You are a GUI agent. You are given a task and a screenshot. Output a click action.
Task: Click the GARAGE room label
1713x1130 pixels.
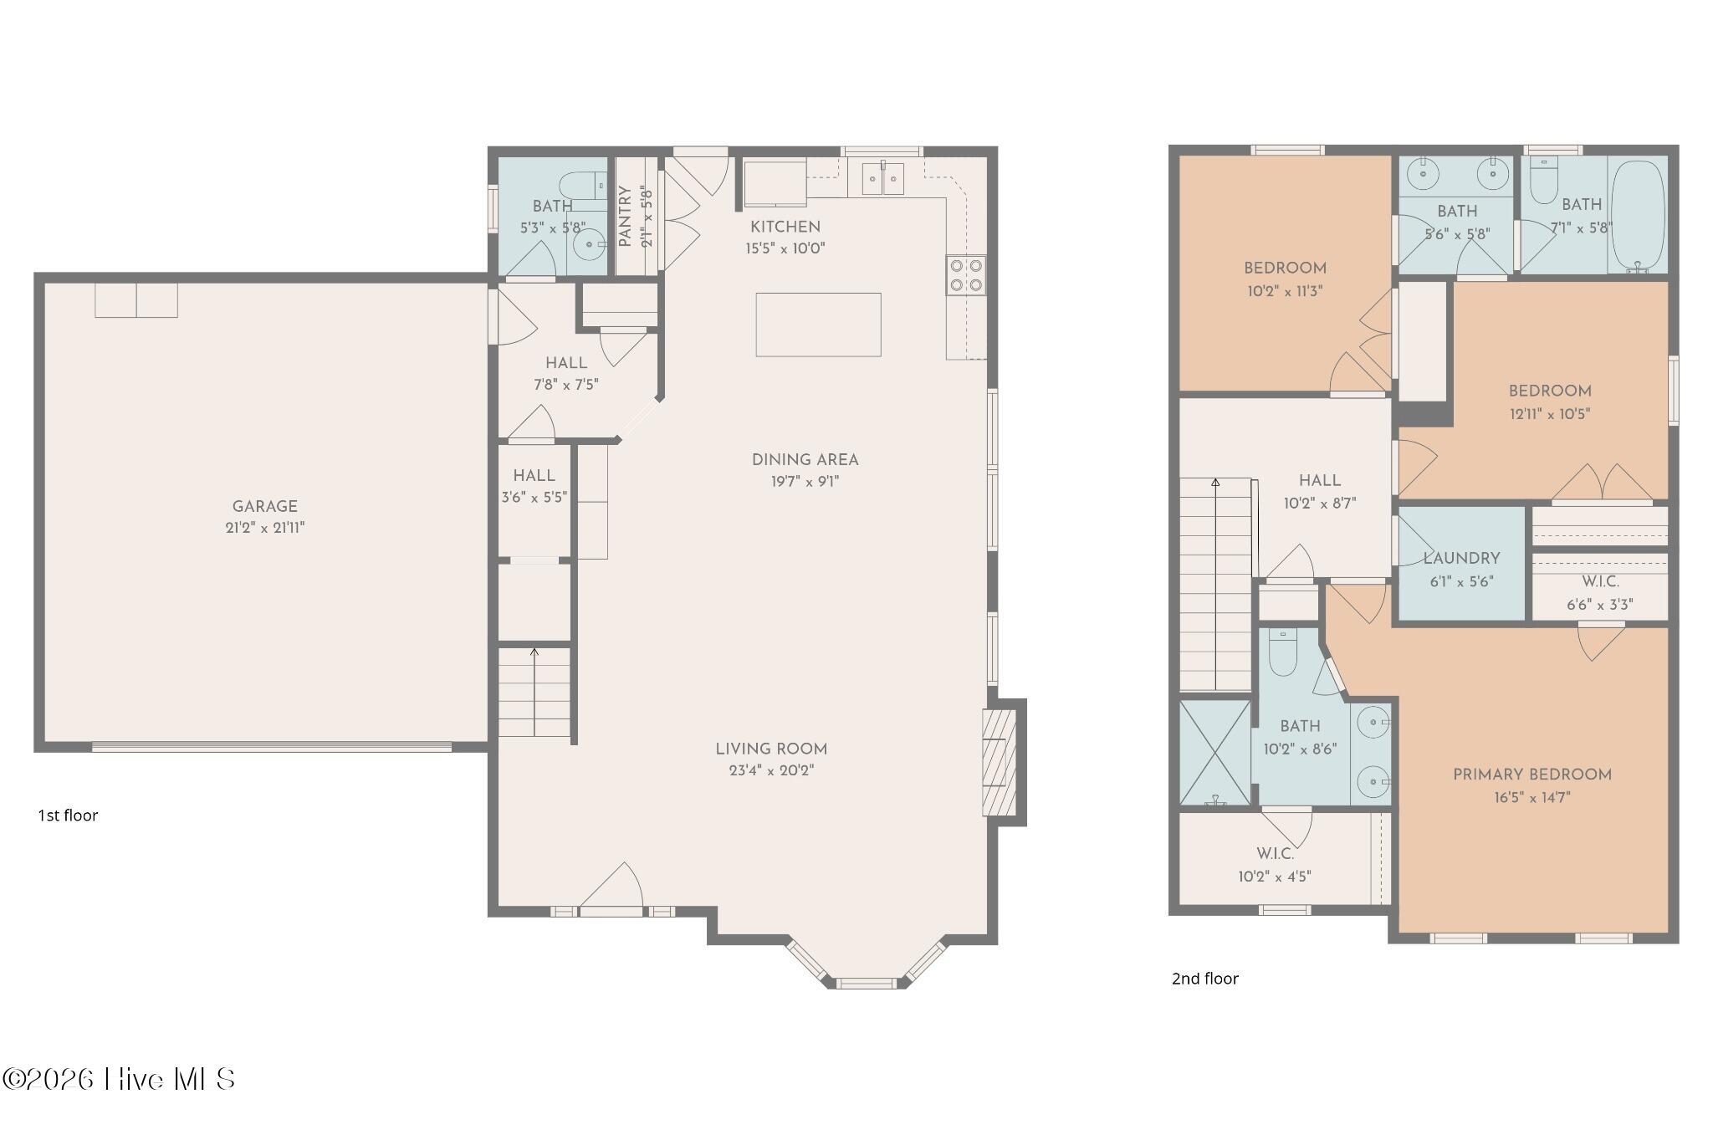(264, 506)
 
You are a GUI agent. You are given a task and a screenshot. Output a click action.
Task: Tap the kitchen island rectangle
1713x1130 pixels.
(818, 325)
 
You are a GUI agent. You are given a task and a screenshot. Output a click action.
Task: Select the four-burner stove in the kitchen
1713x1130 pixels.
(965, 275)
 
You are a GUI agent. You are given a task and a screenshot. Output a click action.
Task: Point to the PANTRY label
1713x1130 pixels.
(625, 217)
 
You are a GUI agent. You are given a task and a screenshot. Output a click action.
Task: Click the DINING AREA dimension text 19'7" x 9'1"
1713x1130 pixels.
(805, 482)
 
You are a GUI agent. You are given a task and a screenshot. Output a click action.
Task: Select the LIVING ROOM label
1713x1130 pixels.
(771, 749)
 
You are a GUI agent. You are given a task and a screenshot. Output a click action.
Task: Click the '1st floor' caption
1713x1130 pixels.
(68, 816)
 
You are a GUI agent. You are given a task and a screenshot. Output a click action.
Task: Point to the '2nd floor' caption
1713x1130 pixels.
(1204, 979)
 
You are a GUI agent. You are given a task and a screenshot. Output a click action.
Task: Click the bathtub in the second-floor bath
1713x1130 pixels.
(1638, 215)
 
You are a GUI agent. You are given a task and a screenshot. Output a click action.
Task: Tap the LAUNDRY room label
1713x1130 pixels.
(1461, 559)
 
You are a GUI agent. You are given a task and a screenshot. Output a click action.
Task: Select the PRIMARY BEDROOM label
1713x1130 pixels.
(1532, 775)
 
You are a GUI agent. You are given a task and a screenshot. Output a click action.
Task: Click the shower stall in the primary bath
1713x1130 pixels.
(1214, 753)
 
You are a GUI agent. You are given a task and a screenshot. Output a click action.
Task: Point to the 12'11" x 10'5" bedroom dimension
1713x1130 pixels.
(1550, 414)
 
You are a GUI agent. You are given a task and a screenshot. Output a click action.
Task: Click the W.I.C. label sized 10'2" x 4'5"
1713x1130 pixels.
(1275, 855)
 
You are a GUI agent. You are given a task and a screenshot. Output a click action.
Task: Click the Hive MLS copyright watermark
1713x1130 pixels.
(118, 1079)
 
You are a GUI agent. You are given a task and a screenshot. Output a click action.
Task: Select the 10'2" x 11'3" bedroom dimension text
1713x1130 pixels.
(1285, 292)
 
